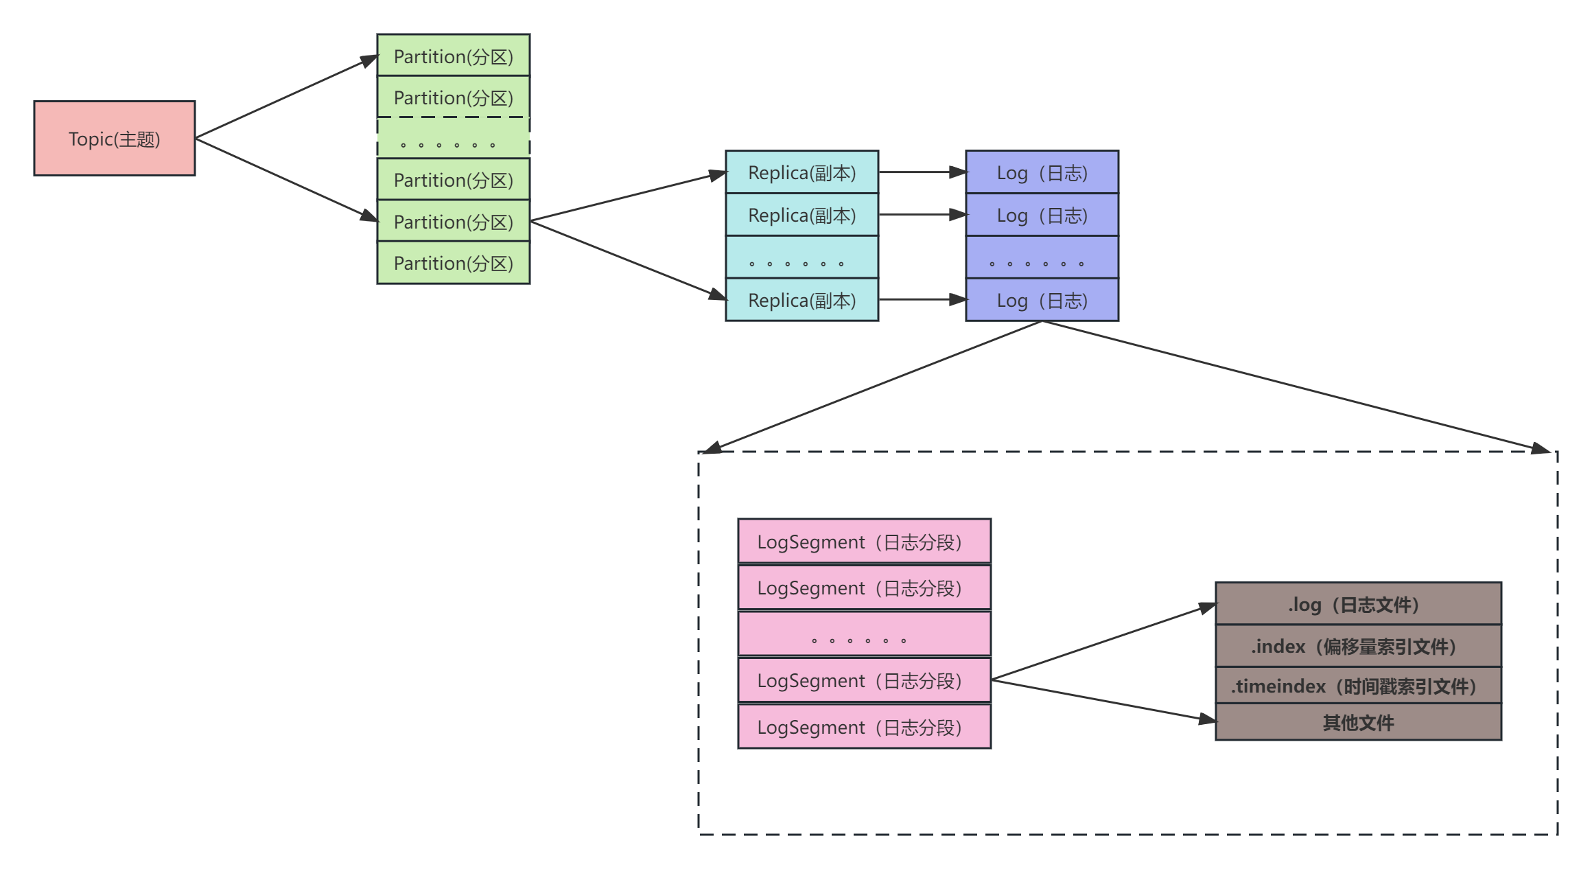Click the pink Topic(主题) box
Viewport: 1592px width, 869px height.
115,139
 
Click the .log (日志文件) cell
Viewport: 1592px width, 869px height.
1358,604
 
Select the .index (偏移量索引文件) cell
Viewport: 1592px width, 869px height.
1358,646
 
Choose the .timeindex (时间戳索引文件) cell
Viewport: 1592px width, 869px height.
1358,686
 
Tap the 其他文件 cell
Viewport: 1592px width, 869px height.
1358,722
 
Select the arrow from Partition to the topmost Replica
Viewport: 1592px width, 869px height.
628,196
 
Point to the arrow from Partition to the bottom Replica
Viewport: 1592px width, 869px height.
628,260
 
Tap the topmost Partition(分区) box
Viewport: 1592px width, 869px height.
454,56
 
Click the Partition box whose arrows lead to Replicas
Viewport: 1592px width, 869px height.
454,221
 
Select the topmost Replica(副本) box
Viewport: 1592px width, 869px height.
801,172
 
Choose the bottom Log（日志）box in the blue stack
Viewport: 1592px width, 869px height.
1042,300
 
